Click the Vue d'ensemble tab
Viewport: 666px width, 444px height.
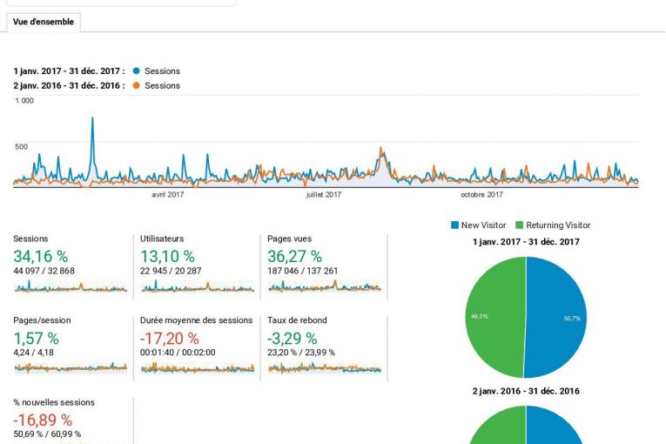pos(44,21)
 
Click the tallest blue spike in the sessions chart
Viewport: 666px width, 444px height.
pos(92,119)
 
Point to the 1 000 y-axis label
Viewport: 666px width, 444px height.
pos(24,101)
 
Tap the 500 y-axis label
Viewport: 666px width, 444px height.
pos(21,146)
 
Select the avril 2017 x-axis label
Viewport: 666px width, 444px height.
pos(168,195)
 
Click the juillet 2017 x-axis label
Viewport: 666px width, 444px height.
pos(324,195)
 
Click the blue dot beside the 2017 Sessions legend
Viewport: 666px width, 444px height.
pos(136,71)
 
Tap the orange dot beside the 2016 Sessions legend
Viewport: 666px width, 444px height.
pos(136,85)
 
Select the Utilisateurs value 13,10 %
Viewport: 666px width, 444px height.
pos(167,256)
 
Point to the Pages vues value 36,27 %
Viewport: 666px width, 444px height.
pos(295,256)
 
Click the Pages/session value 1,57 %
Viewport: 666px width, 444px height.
pos(36,338)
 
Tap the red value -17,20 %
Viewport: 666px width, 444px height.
pos(170,338)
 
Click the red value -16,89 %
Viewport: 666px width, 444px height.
pos(43,420)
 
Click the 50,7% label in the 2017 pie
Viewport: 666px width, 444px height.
pos(571,319)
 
